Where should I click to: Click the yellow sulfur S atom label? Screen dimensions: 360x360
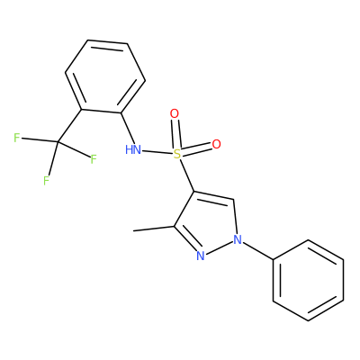pos(177,155)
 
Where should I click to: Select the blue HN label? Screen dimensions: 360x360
pos(133,149)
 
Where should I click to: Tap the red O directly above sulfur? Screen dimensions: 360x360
pos(175,114)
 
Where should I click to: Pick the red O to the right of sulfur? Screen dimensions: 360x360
pos(216,144)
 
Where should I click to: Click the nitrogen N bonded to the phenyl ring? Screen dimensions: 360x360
pos(238,239)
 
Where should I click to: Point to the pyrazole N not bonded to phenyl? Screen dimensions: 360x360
pos(201,256)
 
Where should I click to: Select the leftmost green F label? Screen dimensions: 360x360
pos(17,138)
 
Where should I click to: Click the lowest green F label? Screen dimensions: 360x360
pos(46,181)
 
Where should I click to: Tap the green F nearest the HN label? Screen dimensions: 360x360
pos(94,159)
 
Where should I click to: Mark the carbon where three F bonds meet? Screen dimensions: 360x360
pos(58,141)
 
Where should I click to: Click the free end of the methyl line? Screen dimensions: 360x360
pos(133,230)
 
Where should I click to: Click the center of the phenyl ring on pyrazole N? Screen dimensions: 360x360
pos(309,280)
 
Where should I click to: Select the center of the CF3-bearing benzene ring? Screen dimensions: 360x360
pos(105,76)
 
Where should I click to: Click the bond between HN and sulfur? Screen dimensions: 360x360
pos(157,152)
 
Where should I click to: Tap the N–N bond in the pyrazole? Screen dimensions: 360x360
pos(219,247)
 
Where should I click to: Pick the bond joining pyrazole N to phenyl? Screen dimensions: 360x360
pos(257,249)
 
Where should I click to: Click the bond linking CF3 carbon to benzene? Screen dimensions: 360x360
pos(69,125)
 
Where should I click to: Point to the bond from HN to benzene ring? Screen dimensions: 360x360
pos(128,128)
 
